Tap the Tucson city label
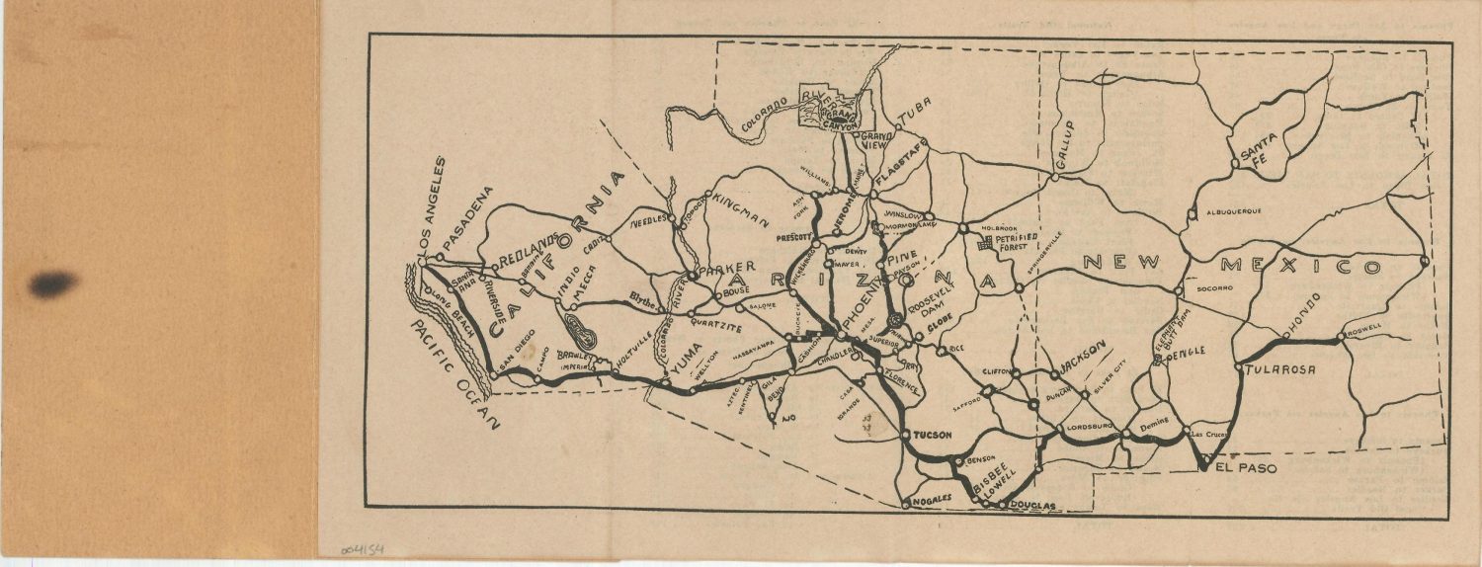(x=932, y=435)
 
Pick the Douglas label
(x=1032, y=506)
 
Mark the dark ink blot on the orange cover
(x=53, y=283)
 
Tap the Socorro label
(x=1214, y=288)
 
